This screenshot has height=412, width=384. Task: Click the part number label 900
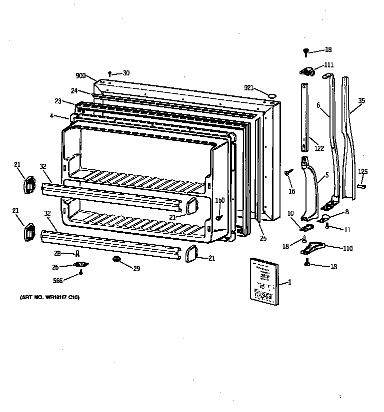coord(81,76)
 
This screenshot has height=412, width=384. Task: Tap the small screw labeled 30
coord(110,74)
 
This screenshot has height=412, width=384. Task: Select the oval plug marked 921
coord(271,94)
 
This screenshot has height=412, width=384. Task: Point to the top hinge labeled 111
coord(306,71)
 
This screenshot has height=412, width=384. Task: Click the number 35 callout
coord(361,101)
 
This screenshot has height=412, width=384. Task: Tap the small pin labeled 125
coord(362,185)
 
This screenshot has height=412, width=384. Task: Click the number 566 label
coord(58,281)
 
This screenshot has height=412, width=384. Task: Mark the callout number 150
coord(219,200)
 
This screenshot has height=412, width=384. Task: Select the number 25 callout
coord(263,238)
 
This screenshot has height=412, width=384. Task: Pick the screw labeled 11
coord(326,226)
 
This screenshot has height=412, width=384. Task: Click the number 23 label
coord(58,101)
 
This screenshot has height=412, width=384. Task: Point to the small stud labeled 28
coord(77,254)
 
